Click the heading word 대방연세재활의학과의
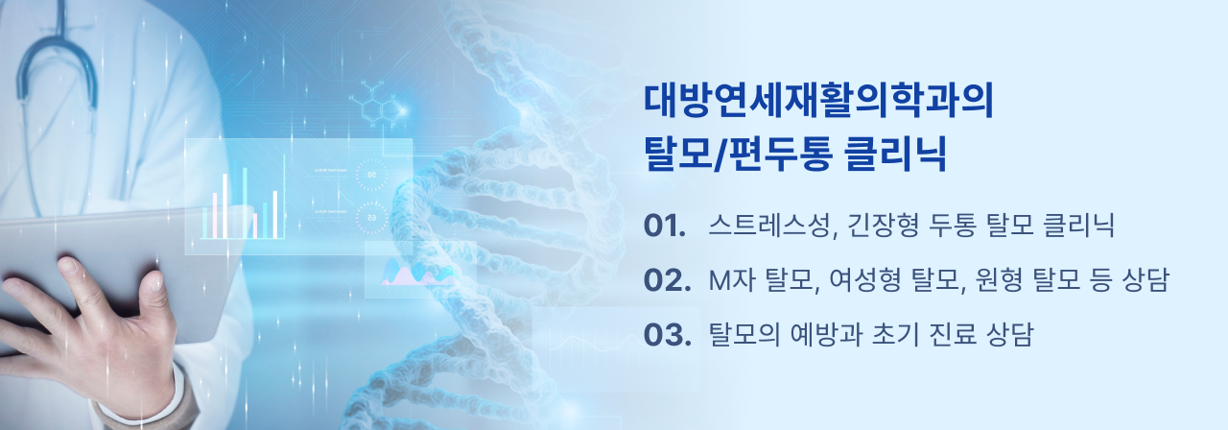[818, 101]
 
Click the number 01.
[665, 226]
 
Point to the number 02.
[667, 279]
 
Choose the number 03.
[667, 334]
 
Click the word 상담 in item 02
[1145, 279]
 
